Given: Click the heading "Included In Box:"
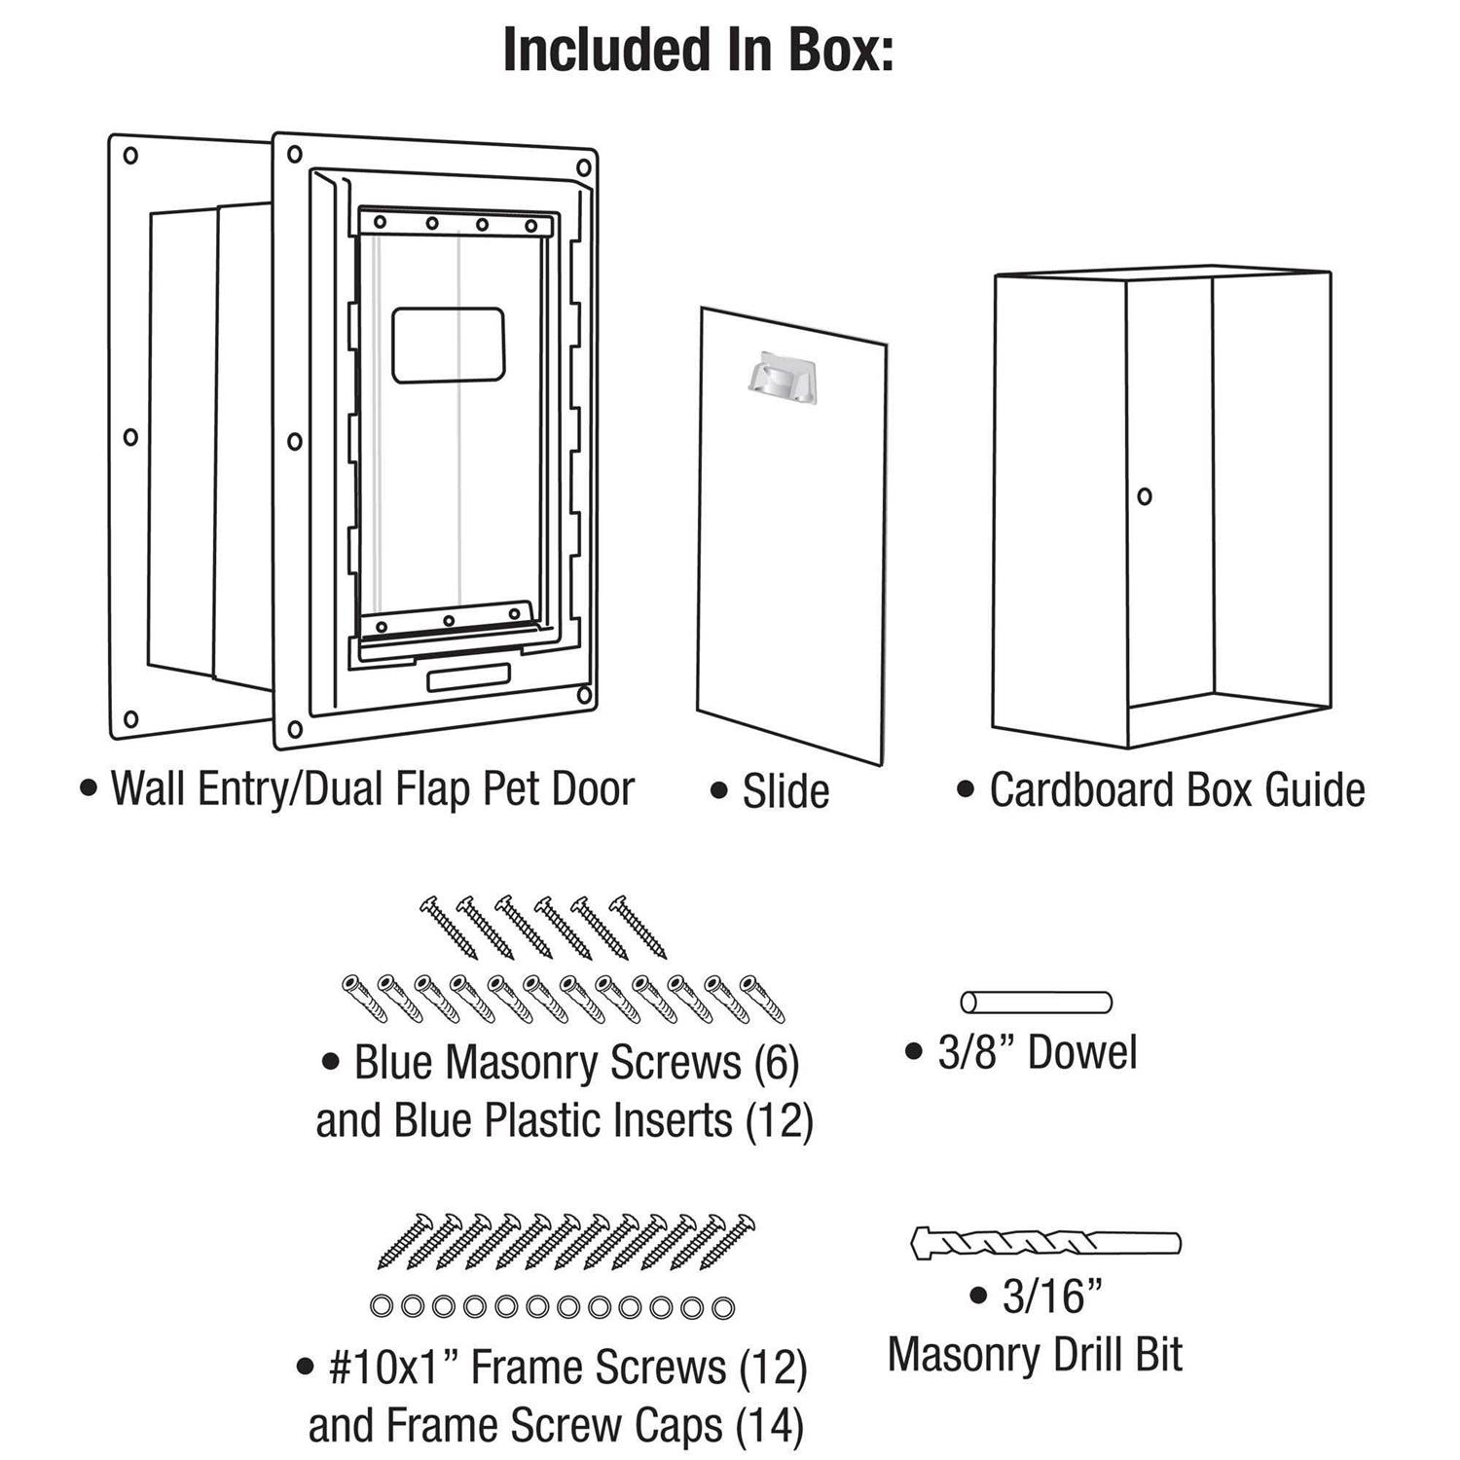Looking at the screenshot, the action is click(698, 51).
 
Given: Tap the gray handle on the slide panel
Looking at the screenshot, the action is click(783, 377).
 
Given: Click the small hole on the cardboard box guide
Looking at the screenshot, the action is click(1145, 496).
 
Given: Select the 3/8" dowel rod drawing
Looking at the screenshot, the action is click(1036, 1002).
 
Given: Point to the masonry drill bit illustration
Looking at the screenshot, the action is click(1045, 1243).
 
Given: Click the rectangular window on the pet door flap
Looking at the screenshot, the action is click(449, 346).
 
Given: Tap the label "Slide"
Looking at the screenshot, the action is click(785, 791).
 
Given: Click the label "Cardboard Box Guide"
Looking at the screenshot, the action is click(1177, 789).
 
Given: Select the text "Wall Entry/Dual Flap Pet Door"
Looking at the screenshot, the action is click(373, 788).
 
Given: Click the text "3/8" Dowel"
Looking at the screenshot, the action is click(1038, 1052).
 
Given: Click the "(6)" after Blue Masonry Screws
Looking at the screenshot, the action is click(777, 1063).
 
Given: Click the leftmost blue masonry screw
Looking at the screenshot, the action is click(449, 929).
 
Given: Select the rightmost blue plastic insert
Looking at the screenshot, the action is click(762, 1000).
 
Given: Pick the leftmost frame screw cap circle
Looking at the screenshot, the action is click(382, 1306).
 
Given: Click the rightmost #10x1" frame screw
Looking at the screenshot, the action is click(727, 1242).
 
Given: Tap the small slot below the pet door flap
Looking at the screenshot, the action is click(468, 677).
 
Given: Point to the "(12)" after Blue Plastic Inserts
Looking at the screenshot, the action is click(779, 1121).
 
